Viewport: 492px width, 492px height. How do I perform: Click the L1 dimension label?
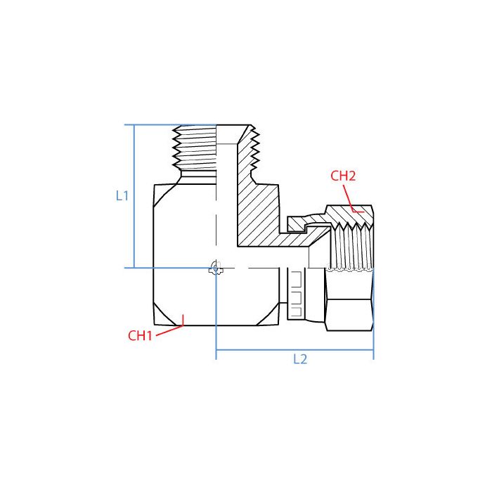click(122, 197)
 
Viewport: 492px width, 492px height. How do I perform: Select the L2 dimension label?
click(300, 359)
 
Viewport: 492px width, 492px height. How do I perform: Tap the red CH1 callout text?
click(140, 336)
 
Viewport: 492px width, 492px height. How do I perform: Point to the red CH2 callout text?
click(343, 176)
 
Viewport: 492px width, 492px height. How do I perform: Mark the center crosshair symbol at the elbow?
click(216, 268)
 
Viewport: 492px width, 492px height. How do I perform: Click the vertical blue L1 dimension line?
click(134, 197)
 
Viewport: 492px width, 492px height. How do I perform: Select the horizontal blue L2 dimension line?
click(294, 349)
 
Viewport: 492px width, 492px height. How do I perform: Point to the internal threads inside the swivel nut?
click(349, 246)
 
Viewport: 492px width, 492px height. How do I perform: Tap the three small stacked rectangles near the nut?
click(295, 289)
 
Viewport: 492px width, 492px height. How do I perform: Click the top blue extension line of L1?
click(169, 125)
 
